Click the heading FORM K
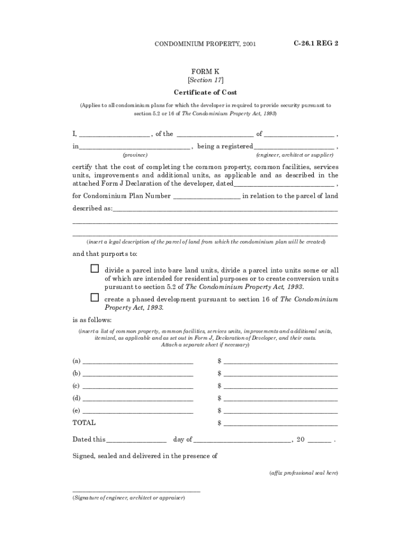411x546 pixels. point(205,71)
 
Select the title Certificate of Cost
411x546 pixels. point(205,92)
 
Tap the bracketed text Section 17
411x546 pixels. point(205,81)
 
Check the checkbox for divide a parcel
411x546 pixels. point(94,268)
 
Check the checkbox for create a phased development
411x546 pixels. point(94,297)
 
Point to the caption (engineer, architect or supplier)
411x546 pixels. point(296,155)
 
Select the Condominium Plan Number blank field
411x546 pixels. point(207,197)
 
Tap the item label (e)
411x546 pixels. point(76,411)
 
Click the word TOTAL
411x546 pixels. point(84,423)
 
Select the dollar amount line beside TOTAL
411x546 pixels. point(281,425)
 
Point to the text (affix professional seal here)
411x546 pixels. point(303,473)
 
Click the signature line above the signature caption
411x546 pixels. point(136,491)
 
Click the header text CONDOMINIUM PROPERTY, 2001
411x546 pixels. point(205,44)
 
